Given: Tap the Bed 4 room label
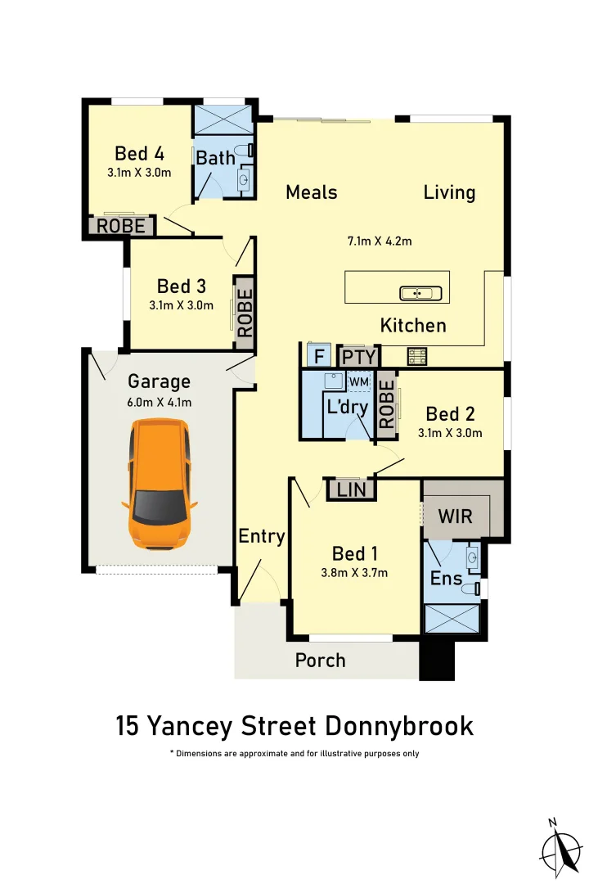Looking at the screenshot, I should tap(139, 153).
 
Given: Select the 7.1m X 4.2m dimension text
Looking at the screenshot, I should tap(379, 241).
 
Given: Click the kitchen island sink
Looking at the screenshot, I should tap(420, 292).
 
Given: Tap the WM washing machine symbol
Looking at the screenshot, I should tap(358, 381).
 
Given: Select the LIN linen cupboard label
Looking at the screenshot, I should tap(351, 489).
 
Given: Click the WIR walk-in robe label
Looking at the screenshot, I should tap(455, 517).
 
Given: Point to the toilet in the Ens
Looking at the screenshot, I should tap(471, 589).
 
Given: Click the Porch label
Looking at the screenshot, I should tap(320, 660).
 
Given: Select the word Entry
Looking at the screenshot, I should tap(261, 536).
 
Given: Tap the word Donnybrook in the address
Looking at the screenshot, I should tap(399, 725).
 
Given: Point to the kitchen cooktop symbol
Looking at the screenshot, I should tap(418, 356).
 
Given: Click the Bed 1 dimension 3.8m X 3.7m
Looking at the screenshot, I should tap(355, 573).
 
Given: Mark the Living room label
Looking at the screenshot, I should tap(449, 192).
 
